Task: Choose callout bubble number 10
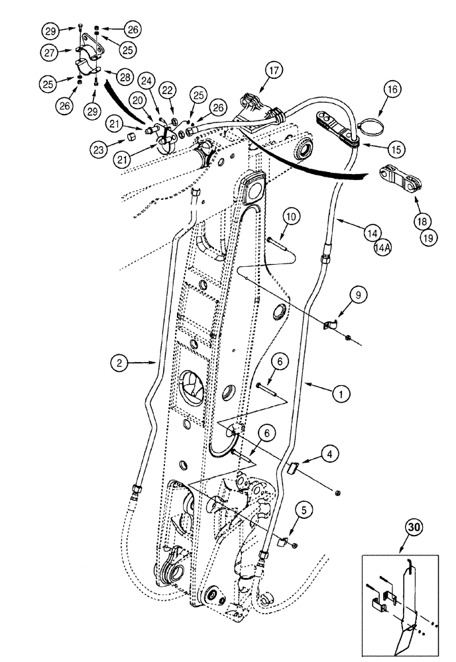click(294, 215)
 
